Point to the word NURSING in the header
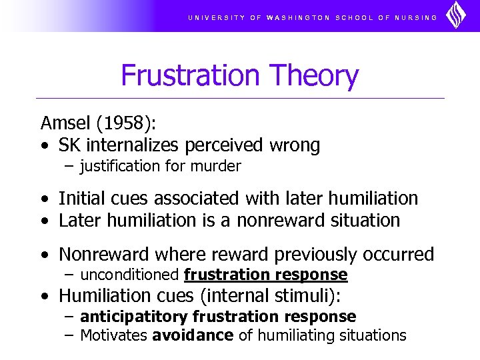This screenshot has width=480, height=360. pyautogui.click(x=417, y=17)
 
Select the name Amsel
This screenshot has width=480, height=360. pyautogui.click(x=65, y=123)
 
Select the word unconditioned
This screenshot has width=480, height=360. pyautogui.click(x=129, y=275)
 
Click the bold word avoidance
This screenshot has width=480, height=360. pyautogui.click(x=193, y=335)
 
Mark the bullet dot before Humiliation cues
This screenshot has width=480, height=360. pyautogui.click(x=44, y=296)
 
